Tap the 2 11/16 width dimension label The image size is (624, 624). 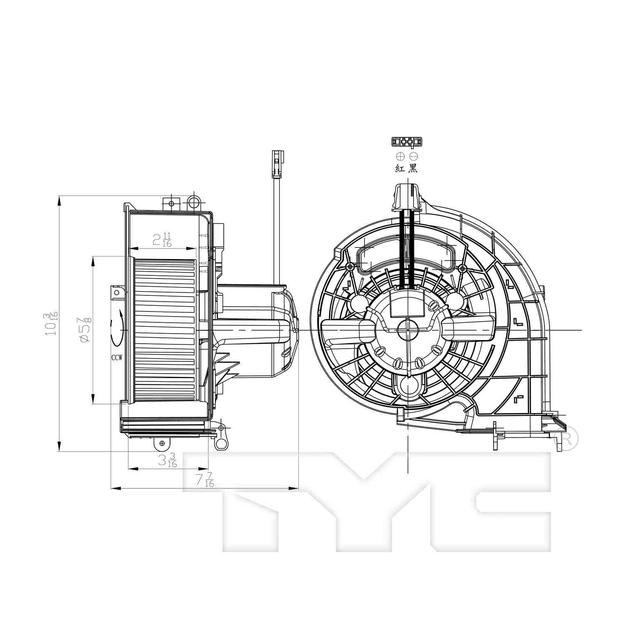(162, 240)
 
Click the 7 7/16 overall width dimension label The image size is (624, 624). (205, 480)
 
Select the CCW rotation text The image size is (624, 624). (116, 357)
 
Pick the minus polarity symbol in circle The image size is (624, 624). (413, 156)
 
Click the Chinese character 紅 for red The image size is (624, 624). (400, 168)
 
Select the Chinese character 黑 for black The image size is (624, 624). (413, 168)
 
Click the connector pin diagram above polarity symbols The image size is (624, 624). (406, 142)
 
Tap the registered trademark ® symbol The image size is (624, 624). (567, 438)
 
